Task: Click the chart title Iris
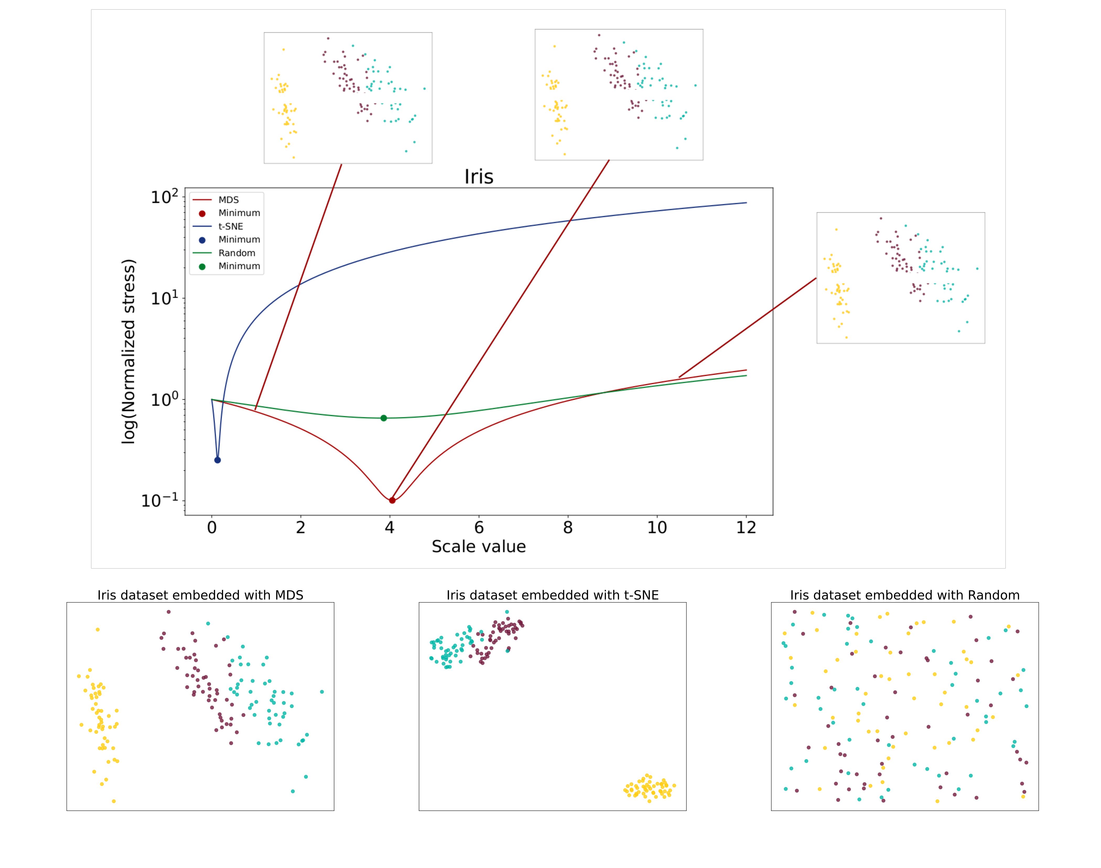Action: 478,177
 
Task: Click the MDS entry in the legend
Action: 228,200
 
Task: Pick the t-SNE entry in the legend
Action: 230,226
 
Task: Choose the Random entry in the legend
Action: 236,253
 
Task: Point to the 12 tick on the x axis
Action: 746,528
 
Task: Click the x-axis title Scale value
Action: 478,547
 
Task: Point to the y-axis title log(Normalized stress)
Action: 129,352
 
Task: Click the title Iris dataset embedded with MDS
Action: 200,595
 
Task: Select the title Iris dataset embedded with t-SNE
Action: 553,595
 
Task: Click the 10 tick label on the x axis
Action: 657,528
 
